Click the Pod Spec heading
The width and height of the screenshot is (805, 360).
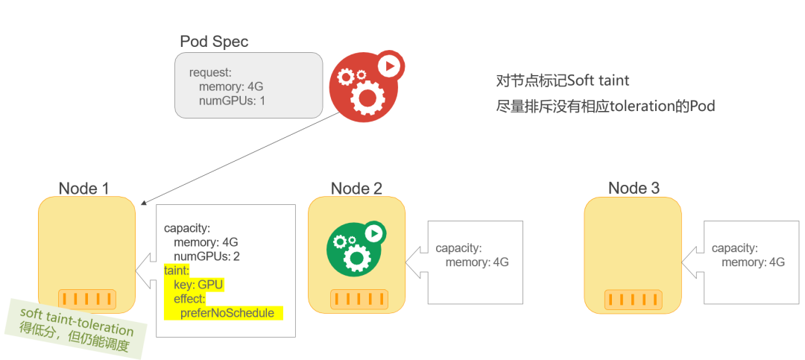tap(214, 42)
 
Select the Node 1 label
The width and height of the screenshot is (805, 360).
tap(83, 189)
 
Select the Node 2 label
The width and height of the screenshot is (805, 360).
tap(356, 189)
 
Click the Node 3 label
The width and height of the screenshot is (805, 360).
tap(634, 189)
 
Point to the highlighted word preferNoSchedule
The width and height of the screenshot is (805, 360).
tap(227, 313)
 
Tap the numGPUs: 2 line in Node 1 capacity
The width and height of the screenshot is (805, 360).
tap(206, 256)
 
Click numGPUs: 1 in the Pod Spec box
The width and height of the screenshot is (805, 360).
tap(232, 101)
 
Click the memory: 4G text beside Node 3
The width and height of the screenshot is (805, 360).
tap(753, 262)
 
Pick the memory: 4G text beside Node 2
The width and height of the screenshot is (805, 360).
tap(477, 262)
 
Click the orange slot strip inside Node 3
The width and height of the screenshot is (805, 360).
tap(633, 299)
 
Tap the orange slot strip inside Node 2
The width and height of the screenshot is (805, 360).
tap(357, 299)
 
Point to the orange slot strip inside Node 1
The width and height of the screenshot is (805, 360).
tap(87, 299)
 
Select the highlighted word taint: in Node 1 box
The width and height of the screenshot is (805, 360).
tap(177, 271)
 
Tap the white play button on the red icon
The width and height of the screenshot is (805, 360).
tap(388, 66)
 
